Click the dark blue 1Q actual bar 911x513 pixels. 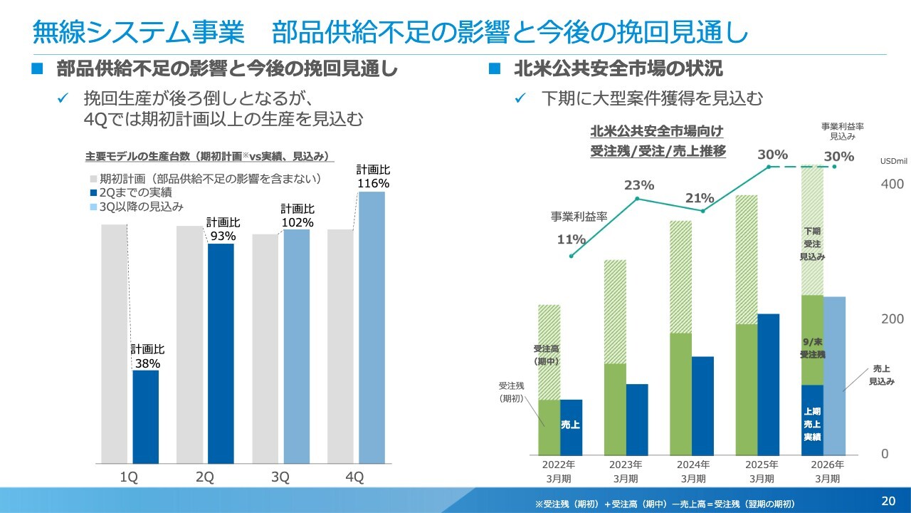coord(146,417)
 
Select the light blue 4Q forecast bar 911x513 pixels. coord(372,328)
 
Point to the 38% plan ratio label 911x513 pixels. coord(147,363)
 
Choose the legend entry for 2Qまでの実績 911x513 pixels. coord(136,192)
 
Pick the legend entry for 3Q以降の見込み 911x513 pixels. coord(142,207)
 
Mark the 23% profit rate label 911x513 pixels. coord(639,185)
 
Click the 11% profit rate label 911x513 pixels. coord(571,239)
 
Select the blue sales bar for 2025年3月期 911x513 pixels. coord(769,385)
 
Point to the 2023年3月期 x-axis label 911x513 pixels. coord(626,472)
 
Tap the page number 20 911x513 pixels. coord(888,499)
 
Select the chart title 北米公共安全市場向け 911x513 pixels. coord(657,132)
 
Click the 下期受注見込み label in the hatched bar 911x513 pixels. coord(812,244)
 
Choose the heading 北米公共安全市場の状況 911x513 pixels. coord(618,69)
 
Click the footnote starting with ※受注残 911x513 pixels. coord(665,504)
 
